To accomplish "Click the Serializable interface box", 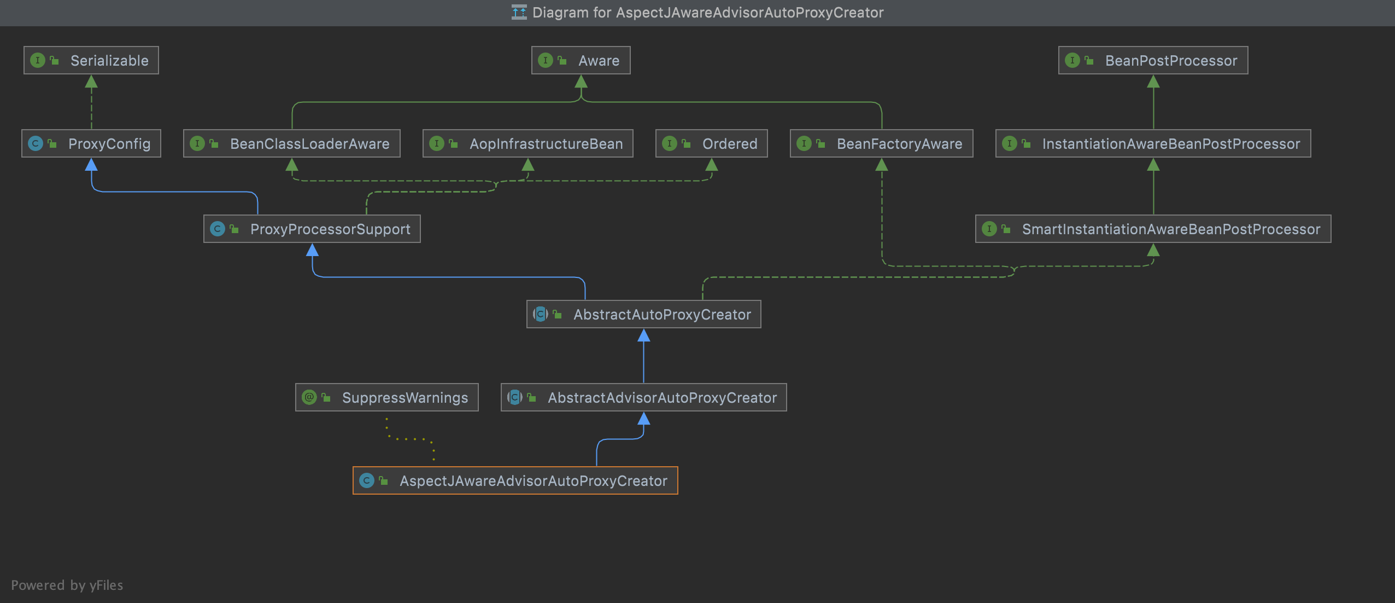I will [91, 60].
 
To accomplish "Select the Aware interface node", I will [581, 60].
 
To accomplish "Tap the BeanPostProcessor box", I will [1153, 60].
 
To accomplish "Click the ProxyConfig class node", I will [91, 143].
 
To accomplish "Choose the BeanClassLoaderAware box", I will [292, 143].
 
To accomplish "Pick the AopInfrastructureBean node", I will [528, 143].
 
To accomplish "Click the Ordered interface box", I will [712, 143].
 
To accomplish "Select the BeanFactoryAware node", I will [881, 143].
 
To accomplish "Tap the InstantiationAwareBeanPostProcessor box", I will [1153, 143].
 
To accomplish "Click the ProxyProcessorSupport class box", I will [312, 229].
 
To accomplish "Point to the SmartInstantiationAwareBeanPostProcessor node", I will [1153, 229].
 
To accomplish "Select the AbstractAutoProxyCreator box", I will [644, 314].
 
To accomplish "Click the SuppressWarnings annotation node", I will [387, 397].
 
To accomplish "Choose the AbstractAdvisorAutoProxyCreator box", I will [644, 397].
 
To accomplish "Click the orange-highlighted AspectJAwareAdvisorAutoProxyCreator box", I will [515, 480].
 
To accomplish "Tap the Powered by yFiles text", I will [67, 585].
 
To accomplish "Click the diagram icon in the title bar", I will [519, 12].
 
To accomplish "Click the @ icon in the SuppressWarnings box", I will [309, 397].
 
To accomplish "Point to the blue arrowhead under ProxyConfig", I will [91, 165].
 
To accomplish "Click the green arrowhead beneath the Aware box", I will [581, 82].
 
